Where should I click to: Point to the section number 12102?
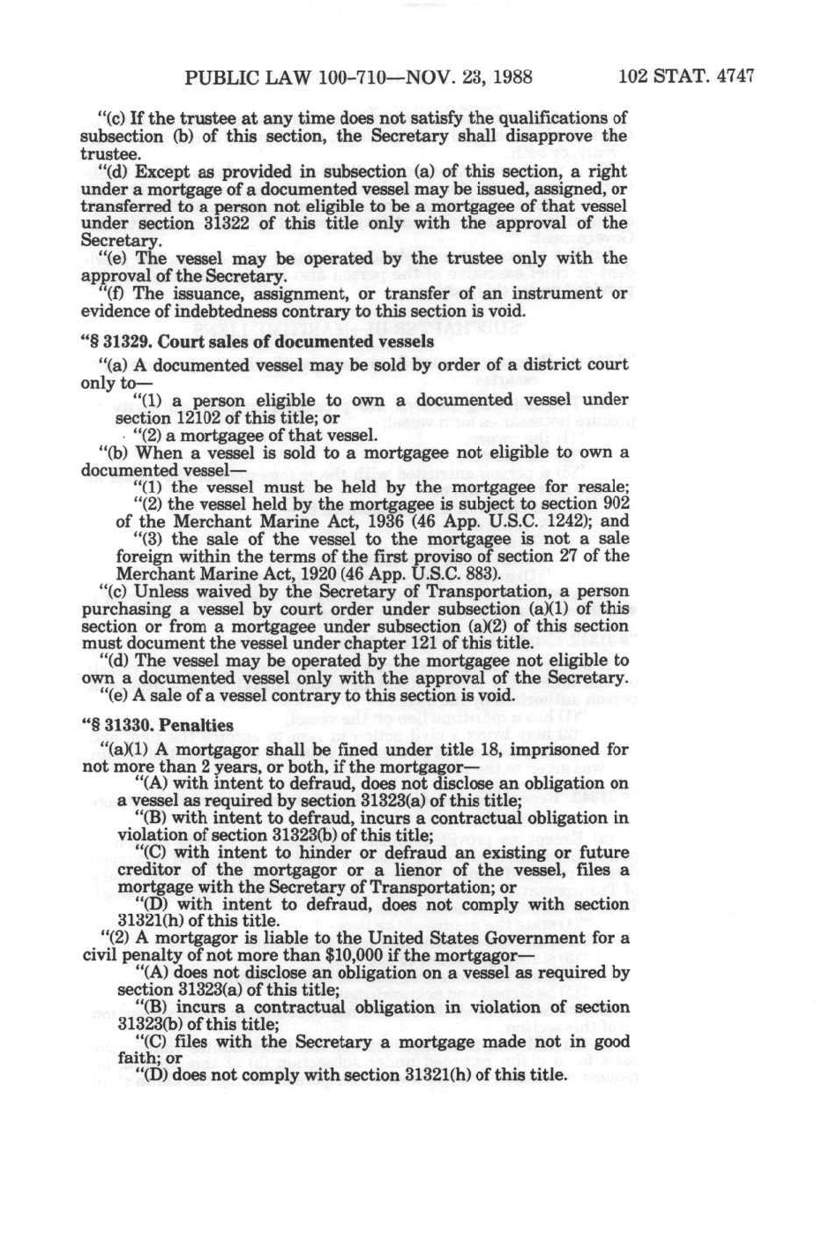click(209, 417)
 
